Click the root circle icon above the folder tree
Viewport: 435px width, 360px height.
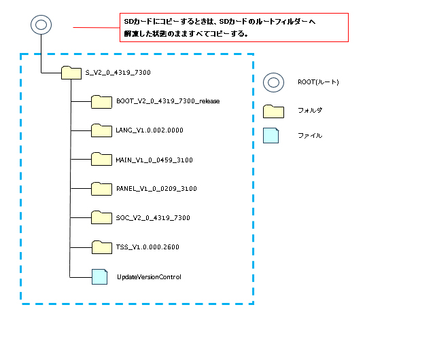(41, 26)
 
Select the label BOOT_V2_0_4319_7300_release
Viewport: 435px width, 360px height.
(168, 101)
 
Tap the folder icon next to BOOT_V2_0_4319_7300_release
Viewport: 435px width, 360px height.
(101, 102)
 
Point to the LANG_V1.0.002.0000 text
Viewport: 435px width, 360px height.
(150, 130)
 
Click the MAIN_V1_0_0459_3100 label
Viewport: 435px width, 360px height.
(154, 159)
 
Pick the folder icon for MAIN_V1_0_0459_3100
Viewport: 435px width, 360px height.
(101, 160)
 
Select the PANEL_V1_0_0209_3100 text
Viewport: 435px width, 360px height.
(156, 188)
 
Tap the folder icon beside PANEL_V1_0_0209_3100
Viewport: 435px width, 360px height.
(101, 190)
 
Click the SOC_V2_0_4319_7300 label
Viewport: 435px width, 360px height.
(153, 217)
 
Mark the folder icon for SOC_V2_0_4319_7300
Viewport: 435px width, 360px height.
(101, 219)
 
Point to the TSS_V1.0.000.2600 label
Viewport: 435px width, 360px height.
(147, 247)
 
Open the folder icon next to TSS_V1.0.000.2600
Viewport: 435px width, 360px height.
(101, 248)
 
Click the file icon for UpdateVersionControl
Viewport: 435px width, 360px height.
(100, 276)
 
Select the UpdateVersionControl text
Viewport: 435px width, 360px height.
(149, 276)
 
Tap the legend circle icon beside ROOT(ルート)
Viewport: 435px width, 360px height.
(273, 82)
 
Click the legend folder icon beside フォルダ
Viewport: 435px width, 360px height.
(273, 111)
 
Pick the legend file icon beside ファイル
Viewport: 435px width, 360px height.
(271, 135)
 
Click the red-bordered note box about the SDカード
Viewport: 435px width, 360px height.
(232, 28)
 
